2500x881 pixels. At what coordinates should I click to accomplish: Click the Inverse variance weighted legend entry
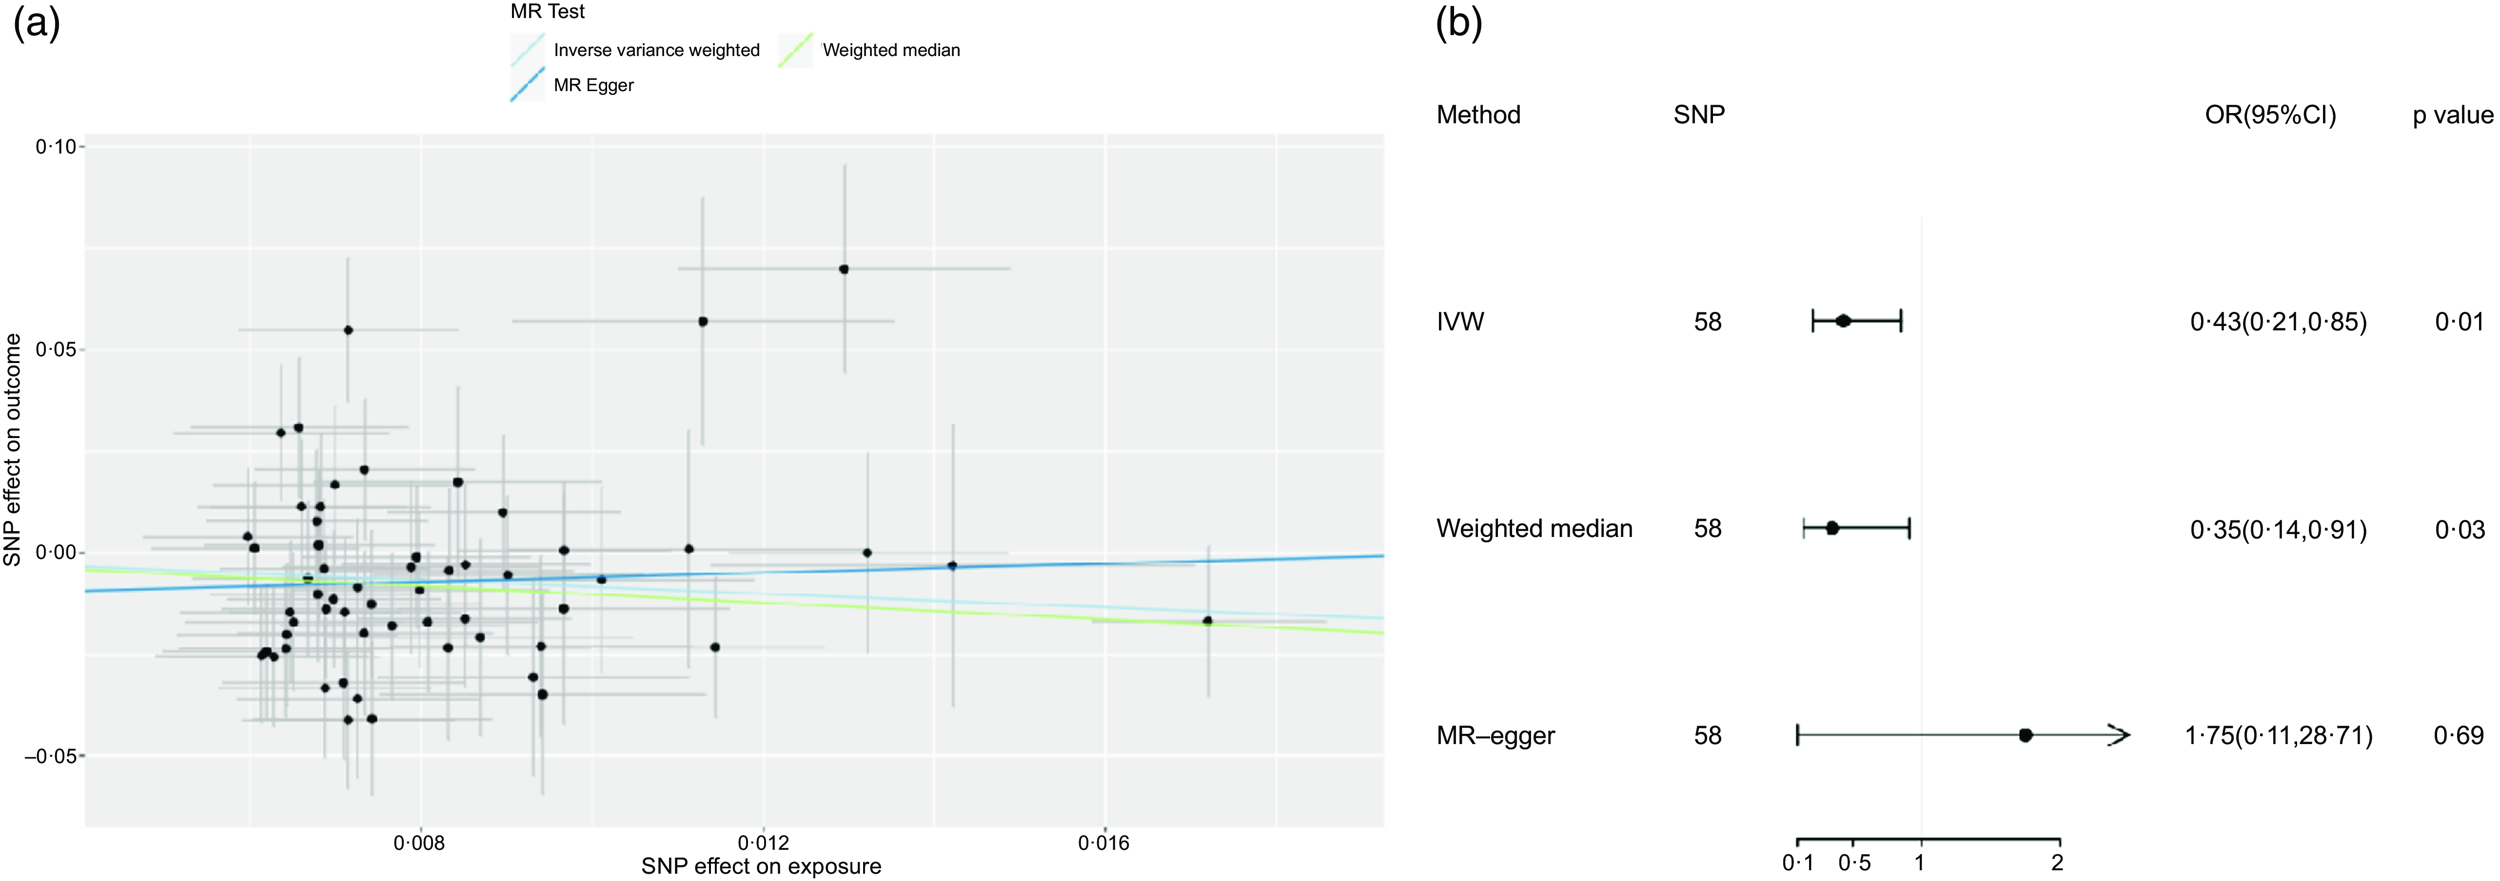point(656,50)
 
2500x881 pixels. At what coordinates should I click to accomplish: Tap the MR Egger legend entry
point(593,85)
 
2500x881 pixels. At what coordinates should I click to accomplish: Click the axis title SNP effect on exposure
point(761,866)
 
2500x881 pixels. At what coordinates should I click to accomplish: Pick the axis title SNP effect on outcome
point(13,449)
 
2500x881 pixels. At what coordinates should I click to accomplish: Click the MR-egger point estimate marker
point(2026,735)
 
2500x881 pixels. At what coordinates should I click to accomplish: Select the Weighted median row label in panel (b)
point(1535,529)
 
